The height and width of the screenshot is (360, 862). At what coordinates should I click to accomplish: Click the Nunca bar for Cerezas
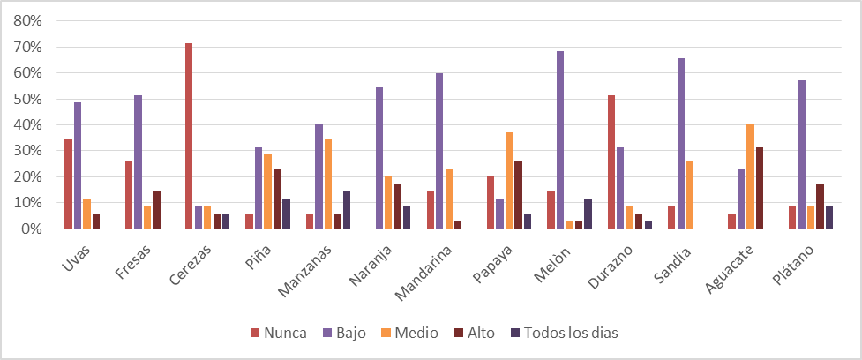(x=189, y=136)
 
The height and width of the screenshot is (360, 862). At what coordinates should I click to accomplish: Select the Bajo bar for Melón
(x=560, y=140)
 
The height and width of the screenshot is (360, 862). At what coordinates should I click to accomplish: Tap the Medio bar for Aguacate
(x=750, y=176)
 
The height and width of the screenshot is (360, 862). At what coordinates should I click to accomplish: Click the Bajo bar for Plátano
(x=801, y=154)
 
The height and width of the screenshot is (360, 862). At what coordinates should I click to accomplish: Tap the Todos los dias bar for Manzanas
(x=347, y=210)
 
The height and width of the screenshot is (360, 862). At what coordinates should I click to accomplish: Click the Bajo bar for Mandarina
(x=439, y=151)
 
